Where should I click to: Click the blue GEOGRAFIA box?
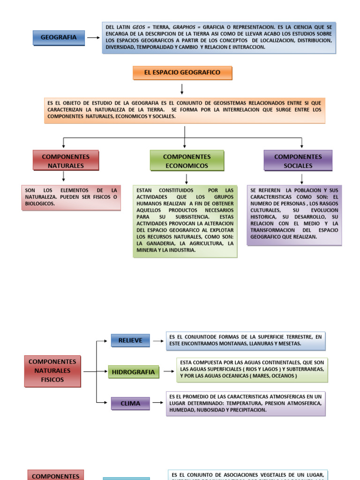(x=59, y=37)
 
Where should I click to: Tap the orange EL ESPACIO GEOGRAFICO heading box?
(x=182, y=73)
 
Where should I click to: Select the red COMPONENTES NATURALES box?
(x=66, y=161)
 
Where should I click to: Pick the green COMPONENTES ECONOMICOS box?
(x=187, y=161)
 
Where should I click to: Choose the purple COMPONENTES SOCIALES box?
(x=298, y=161)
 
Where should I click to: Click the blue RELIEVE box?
(x=130, y=340)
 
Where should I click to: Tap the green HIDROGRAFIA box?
(x=133, y=372)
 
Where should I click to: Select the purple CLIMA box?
(x=130, y=403)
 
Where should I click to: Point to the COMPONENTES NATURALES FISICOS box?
(x=52, y=371)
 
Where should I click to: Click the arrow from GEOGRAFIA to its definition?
(x=93, y=37)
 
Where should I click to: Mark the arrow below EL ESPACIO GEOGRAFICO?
(x=182, y=89)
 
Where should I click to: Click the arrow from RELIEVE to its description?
(x=158, y=341)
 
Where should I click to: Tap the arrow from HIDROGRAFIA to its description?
(x=168, y=372)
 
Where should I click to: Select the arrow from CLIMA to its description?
(x=158, y=403)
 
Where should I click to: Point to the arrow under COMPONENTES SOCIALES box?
(x=302, y=178)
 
